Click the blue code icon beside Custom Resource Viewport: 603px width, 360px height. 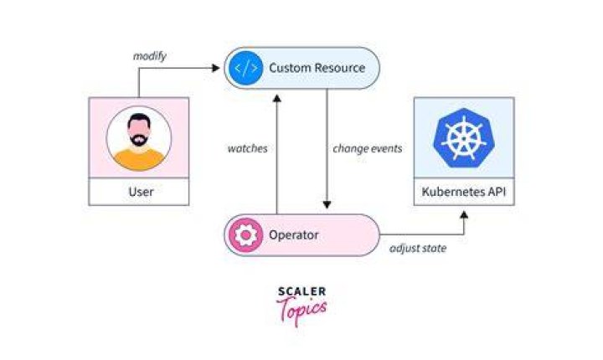click(x=245, y=68)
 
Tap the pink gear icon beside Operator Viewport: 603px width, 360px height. click(x=245, y=235)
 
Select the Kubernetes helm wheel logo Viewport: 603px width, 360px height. click(x=463, y=137)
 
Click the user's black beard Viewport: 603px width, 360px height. click(x=138, y=139)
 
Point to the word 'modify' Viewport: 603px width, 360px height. click(x=150, y=56)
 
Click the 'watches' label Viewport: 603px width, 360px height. click(x=247, y=148)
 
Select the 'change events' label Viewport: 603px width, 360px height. click(x=368, y=149)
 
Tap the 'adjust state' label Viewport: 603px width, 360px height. click(x=418, y=249)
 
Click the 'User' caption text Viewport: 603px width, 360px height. click(x=141, y=192)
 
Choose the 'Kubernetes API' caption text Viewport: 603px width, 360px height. click(x=463, y=192)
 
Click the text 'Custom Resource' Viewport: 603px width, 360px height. click(x=317, y=68)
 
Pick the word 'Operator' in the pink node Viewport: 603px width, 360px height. click(x=293, y=235)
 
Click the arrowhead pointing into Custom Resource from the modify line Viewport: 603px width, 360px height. click(x=216, y=68)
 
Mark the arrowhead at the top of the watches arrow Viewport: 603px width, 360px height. click(x=277, y=99)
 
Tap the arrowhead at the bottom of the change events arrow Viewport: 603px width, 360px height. click(x=327, y=204)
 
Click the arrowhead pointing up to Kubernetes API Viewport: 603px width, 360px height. click(x=464, y=214)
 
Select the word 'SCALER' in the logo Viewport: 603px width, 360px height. click(x=301, y=291)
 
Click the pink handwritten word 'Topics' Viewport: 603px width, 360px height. click(x=301, y=310)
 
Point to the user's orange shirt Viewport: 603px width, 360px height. click(x=139, y=159)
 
